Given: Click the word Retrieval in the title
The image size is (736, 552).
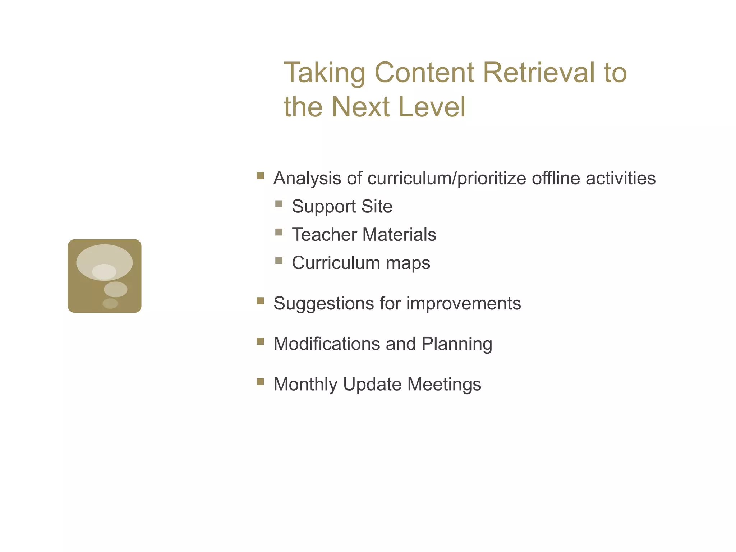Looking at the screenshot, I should [x=539, y=73].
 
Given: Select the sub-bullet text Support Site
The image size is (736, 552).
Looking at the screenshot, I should [x=342, y=207].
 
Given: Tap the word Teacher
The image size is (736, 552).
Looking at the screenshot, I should [x=324, y=235].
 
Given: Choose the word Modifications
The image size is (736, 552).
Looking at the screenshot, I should [x=327, y=344].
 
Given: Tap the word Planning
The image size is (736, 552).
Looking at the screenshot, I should [x=456, y=344].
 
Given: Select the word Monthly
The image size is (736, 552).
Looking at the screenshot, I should [x=305, y=385].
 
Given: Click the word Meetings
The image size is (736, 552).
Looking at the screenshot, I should [x=444, y=385].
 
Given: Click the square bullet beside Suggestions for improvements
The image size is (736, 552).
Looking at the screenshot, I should [x=261, y=301].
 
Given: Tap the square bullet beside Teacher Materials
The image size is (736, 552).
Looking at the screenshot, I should [x=279, y=232].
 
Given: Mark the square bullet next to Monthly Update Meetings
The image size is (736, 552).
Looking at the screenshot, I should [x=261, y=382].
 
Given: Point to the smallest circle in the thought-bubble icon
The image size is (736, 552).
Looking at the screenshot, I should [x=110, y=303].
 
